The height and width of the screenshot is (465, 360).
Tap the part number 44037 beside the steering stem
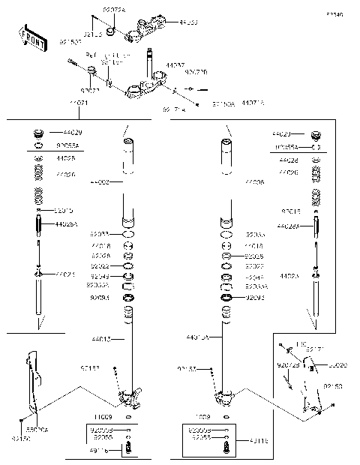pyautogui.click(x=175, y=66)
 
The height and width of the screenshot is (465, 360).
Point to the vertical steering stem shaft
pyautogui.click(x=152, y=63)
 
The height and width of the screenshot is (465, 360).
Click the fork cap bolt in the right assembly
pyautogui.click(x=316, y=136)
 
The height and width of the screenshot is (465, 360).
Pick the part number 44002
pyautogui.click(x=99, y=182)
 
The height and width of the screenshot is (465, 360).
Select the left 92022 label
pyautogui.click(x=100, y=266)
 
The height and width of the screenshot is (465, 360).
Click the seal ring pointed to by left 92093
pyautogui.click(x=128, y=298)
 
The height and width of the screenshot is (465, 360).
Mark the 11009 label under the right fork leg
pyautogui.click(x=203, y=415)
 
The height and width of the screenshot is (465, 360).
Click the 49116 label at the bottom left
pyautogui.click(x=98, y=451)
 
